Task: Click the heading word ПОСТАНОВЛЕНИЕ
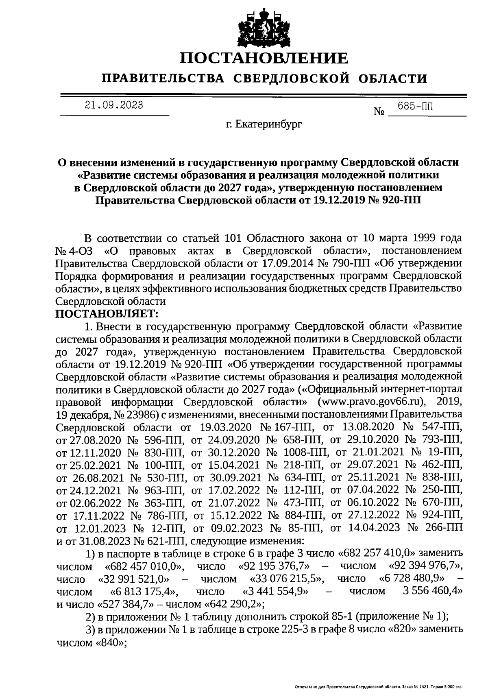tap(264, 58)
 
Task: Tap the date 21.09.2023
tap(114, 105)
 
